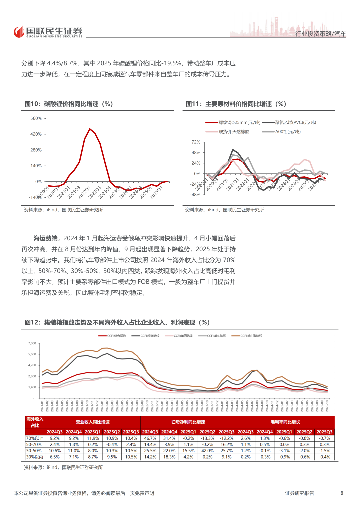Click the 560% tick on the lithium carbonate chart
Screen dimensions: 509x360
coord(36,118)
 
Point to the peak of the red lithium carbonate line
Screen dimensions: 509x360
coord(90,129)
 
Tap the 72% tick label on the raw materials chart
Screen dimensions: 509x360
coord(196,142)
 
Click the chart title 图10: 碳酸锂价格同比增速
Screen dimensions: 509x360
coord(69,104)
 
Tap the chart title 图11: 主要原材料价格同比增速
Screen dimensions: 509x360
coord(236,104)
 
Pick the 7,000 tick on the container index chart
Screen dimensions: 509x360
coord(32,343)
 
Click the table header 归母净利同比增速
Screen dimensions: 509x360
coord(188,422)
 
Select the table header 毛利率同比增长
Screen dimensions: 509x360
coord(285,422)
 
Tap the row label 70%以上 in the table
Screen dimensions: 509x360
coord(35,438)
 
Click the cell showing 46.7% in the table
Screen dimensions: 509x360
coord(150,438)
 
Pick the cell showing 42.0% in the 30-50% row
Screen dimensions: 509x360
coord(207,451)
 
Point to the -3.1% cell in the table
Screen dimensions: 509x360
coord(284,451)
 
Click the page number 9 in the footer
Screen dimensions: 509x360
coord(342,493)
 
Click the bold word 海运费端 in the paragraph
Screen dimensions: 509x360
coord(45,238)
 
